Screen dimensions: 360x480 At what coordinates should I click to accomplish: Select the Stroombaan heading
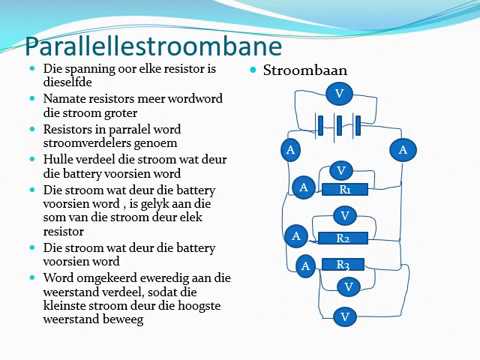[x=299, y=71]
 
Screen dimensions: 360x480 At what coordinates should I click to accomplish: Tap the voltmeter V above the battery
[x=340, y=94]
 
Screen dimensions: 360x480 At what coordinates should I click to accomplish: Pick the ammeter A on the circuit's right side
[x=403, y=150]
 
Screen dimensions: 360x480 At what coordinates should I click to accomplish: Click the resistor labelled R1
[x=346, y=190]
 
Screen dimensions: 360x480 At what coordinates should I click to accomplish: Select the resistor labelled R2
[x=343, y=239]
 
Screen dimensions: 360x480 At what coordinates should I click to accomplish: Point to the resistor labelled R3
[x=343, y=264]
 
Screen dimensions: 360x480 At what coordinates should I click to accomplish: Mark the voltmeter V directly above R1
[x=340, y=170]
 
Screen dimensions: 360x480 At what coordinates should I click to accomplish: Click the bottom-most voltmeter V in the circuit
[x=344, y=316]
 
